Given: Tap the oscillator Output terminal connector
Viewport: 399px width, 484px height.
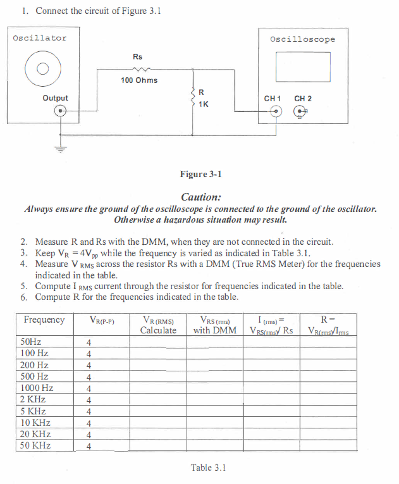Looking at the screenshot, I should (x=60, y=111).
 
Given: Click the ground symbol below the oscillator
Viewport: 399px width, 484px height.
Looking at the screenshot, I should (x=61, y=150).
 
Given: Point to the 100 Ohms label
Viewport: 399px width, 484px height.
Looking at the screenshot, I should (x=139, y=80).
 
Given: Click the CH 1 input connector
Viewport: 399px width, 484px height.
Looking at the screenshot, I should (x=276, y=112).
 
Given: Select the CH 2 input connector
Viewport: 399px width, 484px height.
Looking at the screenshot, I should (x=302, y=112).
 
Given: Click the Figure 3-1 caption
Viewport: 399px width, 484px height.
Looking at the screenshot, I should (x=201, y=174).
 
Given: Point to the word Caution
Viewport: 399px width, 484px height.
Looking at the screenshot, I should (x=200, y=197).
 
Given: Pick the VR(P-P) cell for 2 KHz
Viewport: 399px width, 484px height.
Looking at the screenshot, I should (x=89, y=400).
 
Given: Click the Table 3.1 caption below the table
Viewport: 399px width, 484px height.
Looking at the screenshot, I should (x=209, y=468).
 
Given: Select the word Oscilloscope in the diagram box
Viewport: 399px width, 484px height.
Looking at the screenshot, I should (x=302, y=39).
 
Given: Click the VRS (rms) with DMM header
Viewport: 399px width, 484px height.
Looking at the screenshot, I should (x=215, y=325).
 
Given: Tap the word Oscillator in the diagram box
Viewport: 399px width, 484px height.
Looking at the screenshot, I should (x=40, y=38).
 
